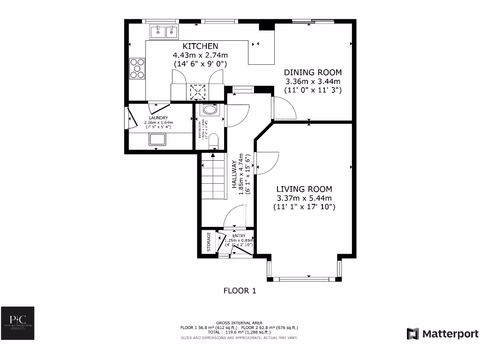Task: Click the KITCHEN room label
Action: pos(200,46)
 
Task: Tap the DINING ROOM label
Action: pos(313,72)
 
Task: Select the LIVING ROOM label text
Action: pos(304,189)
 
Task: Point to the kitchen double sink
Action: pos(165,32)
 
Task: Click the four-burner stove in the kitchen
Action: pos(137,68)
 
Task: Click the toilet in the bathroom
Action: pos(213,141)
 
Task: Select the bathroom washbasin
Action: pos(209,110)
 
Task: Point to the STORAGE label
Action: pos(209,242)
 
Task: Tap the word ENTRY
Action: pos(239,236)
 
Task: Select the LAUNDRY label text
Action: pos(158,118)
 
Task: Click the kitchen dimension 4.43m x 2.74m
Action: pos(200,55)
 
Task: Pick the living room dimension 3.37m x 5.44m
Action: pos(304,198)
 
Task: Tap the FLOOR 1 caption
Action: pos(240,291)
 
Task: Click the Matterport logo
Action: pos(442,334)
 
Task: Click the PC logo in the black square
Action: pos(17,324)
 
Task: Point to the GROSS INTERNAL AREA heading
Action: pos(240,322)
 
